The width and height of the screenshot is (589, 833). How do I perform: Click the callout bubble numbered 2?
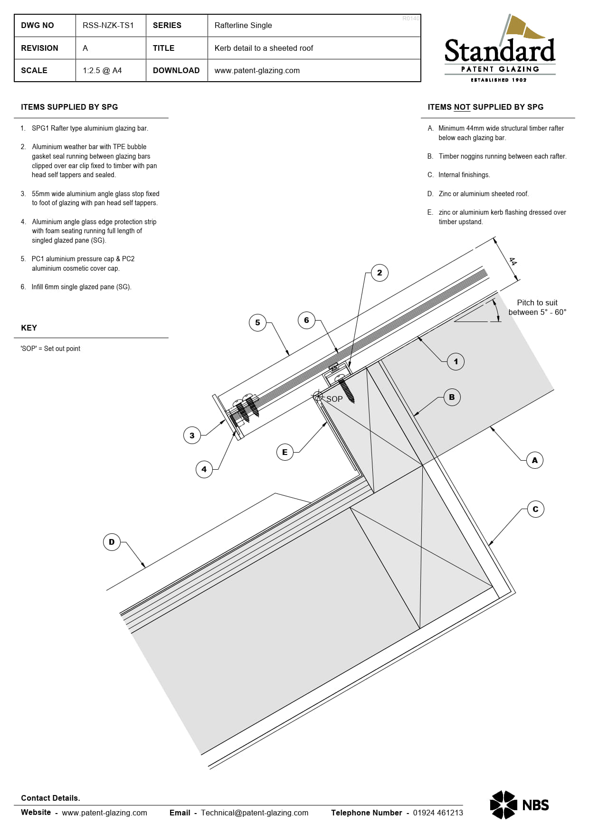(379, 273)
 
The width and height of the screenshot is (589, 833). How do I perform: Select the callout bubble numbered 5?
(257, 322)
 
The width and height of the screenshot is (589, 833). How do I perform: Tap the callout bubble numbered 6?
(306, 320)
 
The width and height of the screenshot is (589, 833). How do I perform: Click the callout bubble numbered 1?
(456, 361)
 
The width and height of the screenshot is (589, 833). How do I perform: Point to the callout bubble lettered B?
(452, 397)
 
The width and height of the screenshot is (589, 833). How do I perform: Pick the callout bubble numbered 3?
(192, 435)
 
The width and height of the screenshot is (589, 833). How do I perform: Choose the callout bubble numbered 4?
(204, 469)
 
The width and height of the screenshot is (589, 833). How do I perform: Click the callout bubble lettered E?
(285, 452)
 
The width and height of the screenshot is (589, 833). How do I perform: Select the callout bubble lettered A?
(535, 460)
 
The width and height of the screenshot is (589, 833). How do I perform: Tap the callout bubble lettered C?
(535, 509)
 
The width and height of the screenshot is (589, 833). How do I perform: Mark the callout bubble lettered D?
(112, 542)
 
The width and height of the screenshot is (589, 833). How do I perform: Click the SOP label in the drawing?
(334, 399)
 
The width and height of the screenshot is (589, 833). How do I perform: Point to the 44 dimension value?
(513, 261)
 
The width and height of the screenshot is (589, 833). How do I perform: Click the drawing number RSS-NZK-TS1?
(108, 26)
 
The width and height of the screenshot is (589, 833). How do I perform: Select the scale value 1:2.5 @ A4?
(102, 70)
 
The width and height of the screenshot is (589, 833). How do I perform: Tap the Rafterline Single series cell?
(243, 26)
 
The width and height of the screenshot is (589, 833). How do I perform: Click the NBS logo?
(519, 805)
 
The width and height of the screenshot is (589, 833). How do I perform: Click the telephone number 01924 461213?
(438, 813)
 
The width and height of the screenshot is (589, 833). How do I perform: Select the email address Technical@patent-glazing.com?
(255, 813)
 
